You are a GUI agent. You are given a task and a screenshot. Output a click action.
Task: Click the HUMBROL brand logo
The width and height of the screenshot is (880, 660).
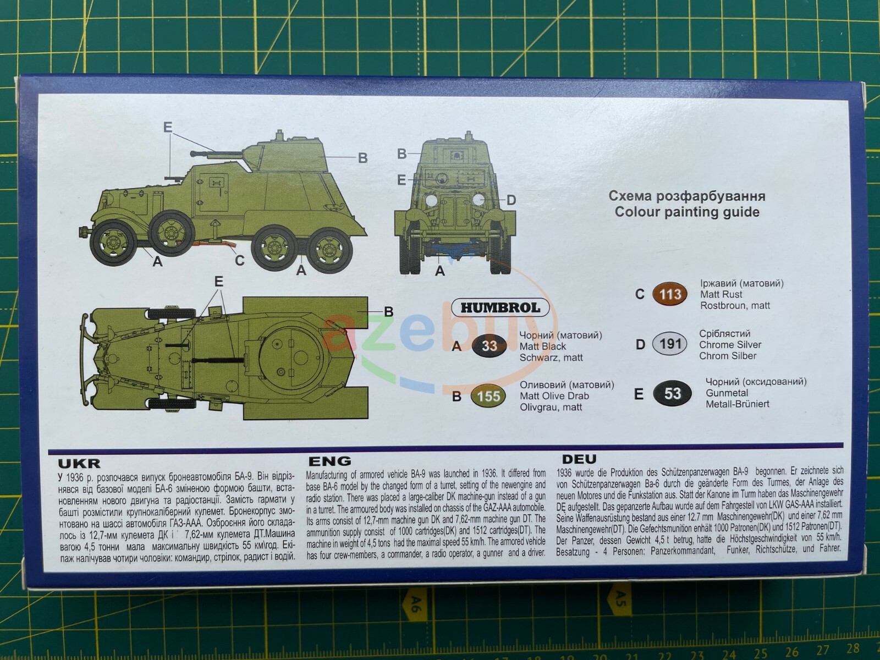[500, 307]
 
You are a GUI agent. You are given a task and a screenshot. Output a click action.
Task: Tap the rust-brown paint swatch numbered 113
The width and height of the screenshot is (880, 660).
[670, 294]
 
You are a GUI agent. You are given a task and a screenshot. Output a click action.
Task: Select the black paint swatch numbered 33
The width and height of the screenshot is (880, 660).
[489, 346]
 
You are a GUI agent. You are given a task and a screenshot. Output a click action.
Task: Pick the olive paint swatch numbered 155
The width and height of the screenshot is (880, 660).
[488, 397]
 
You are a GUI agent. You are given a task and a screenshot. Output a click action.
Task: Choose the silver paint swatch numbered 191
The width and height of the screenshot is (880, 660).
[670, 344]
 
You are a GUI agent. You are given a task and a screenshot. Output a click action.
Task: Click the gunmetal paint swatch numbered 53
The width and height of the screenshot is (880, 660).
[672, 394]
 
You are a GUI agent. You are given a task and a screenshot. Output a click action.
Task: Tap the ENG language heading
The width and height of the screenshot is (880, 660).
[329, 461]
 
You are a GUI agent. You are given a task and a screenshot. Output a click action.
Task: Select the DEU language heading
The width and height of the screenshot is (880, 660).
[579, 459]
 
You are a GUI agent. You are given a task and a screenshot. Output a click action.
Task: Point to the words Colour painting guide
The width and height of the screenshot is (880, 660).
[687, 212]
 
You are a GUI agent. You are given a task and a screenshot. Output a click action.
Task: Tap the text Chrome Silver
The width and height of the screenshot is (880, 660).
[730, 345]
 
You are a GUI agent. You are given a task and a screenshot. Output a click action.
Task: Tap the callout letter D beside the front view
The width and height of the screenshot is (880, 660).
[511, 200]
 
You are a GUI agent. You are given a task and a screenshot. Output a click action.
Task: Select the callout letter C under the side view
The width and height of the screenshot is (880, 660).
[239, 260]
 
